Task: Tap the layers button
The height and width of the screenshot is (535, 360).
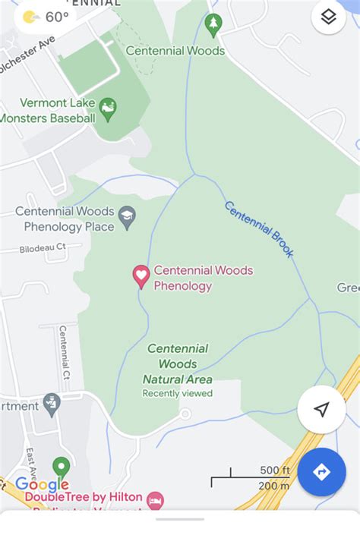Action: click(328, 17)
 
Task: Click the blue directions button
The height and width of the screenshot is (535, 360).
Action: click(321, 472)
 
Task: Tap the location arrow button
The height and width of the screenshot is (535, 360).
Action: click(321, 410)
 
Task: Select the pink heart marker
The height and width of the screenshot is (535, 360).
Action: click(141, 276)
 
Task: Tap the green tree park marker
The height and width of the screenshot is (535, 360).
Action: click(213, 24)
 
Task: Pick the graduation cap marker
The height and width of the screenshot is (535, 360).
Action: click(127, 217)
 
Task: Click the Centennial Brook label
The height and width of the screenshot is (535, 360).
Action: click(259, 228)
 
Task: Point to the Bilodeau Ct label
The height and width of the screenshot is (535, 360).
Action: click(44, 247)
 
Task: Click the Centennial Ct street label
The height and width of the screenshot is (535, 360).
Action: click(65, 353)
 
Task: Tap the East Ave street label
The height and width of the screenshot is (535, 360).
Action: click(31, 463)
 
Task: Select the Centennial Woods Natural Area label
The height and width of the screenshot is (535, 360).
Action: click(177, 363)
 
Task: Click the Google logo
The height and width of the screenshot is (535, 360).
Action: click(42, 484)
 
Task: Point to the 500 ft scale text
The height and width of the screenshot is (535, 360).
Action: click(274, 470)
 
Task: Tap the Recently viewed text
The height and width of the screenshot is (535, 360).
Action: click(177, 393)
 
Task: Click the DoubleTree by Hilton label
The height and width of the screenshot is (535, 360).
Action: click(84, 497)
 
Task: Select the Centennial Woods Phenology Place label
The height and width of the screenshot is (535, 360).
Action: click(65, 219)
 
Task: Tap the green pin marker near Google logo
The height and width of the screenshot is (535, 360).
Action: click(61, 467)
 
